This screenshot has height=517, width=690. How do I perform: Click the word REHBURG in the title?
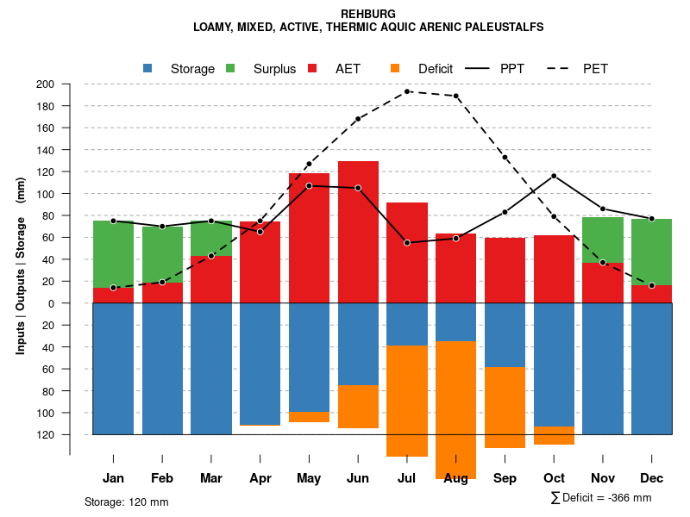(x=368, y=14)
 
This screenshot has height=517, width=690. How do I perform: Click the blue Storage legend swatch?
(x=147, y=68)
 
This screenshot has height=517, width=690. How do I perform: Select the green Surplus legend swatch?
(x=230, y=68)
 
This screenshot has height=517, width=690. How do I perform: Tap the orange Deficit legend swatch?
(x=395, y=68)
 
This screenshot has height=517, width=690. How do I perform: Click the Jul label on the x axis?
(x=407, y=478)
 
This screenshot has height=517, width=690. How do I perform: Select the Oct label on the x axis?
(x=554, y=478)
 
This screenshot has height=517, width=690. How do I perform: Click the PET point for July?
(x=407, y=91)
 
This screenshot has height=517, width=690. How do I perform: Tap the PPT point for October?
(x=554, y=176)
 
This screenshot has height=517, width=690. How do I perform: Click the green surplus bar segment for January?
(x=113, y=254)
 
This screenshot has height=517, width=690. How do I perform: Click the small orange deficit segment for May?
(x=309, y=417)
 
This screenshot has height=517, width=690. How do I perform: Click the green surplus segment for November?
(x=603, y=240)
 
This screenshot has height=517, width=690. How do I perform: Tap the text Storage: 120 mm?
(x=127, y=501)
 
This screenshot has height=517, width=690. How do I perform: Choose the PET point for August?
(x=455, y=96)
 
